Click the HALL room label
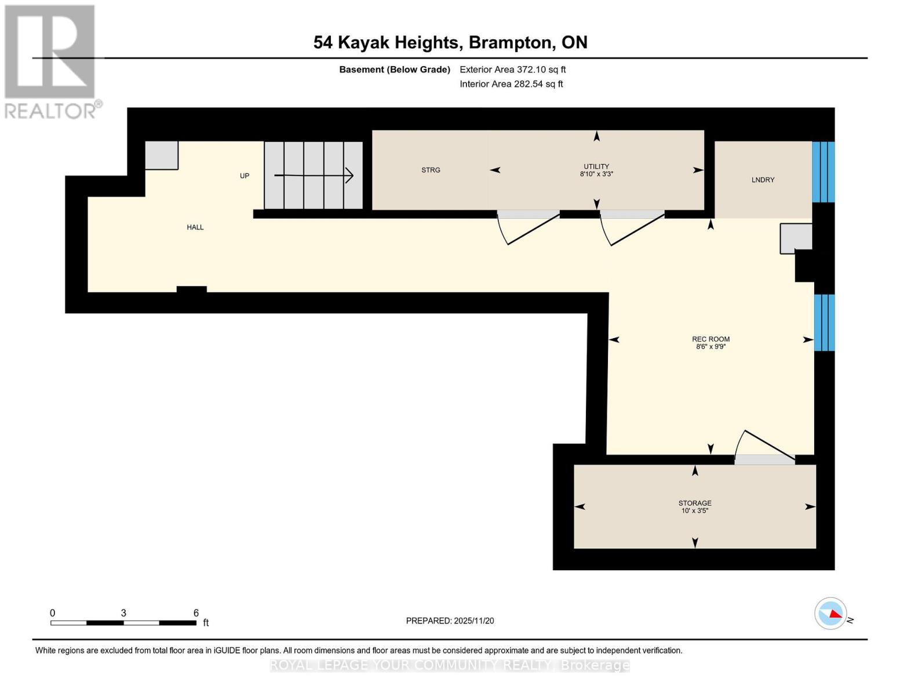pos(195,227)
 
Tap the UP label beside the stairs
pos(245,176)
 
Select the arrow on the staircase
pos(314,175)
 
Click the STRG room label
pos(431,170)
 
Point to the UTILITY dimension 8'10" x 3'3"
pos(596,174)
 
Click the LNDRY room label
pos(763,180)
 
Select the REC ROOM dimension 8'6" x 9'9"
pos(710,347)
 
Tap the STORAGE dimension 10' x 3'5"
pos(695,511)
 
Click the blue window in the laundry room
pos(823,172)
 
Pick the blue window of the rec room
pos(824,322)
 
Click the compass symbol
pos(830,613)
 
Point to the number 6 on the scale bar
pos(196,613)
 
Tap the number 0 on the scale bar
pos(53,613)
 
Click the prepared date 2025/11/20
pos(473,621)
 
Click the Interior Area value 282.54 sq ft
pos(538,84)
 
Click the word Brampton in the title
pos(510,42)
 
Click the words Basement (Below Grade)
pos(395,70)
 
